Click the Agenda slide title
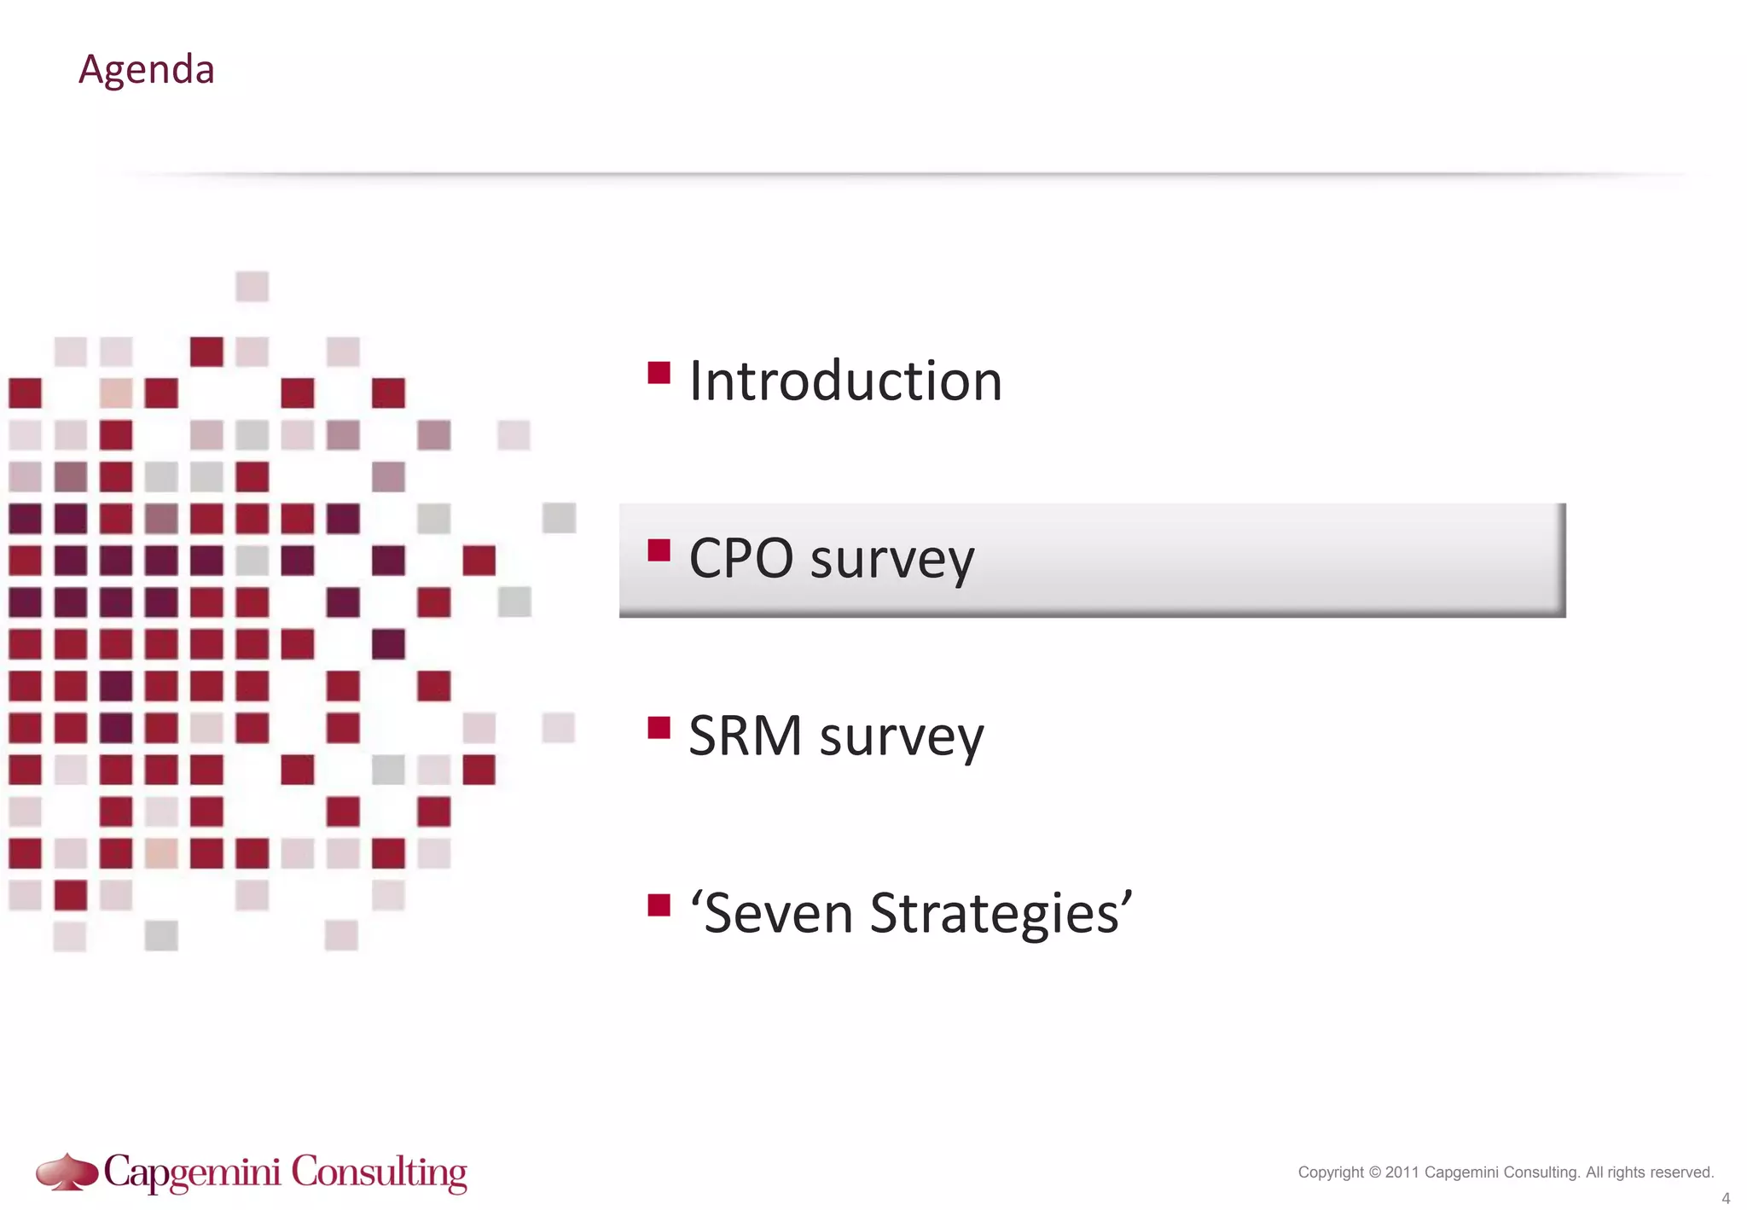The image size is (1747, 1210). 146,69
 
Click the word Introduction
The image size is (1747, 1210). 845,381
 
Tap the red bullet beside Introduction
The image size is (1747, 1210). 659,373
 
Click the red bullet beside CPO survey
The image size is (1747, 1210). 659,550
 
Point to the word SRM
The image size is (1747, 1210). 745,736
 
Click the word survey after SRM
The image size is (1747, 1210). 902,737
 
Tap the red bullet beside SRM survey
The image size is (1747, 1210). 659,728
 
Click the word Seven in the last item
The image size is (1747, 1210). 779,913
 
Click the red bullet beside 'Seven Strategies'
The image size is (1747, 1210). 659,905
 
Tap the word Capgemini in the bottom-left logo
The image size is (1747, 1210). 193,1172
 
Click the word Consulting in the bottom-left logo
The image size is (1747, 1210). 380,1172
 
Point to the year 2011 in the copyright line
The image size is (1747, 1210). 1402,1172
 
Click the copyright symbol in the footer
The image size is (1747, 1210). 1374,1172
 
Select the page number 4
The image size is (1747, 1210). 1726,1198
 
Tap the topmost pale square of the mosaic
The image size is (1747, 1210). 252,287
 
